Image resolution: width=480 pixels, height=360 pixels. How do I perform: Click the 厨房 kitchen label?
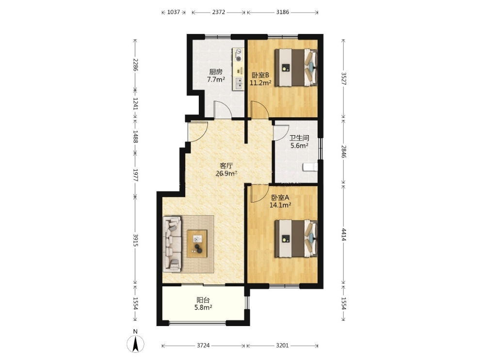click(215, 72)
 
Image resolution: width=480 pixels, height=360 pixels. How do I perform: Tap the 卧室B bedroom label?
click(260, 75)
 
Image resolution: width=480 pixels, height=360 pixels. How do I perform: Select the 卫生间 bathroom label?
click(299, 138)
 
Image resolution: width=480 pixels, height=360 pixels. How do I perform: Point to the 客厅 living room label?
click(226, 166)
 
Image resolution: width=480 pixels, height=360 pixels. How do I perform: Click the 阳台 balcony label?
click(203, 300)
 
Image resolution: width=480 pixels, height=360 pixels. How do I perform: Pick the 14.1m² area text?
click(280, 205)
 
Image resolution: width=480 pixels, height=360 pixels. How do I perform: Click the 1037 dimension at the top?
click(174, 12)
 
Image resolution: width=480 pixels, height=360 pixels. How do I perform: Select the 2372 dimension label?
click(219, 12)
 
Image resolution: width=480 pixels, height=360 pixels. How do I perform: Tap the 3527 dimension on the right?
click(343, 78)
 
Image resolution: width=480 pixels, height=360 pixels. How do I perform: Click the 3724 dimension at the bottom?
click(203, 345)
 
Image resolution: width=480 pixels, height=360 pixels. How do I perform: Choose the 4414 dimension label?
click(343, 235)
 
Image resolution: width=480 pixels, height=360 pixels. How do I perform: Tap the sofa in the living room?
click(172, 244)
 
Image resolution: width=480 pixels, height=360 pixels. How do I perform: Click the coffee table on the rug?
click(197, 244)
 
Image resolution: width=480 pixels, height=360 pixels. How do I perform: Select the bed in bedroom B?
click(296, 68)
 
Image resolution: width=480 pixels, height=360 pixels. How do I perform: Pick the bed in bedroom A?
click(296, 239)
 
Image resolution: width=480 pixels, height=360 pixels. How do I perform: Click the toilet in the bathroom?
click(310, 167)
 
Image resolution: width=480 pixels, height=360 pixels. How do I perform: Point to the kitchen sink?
click(238, 83)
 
